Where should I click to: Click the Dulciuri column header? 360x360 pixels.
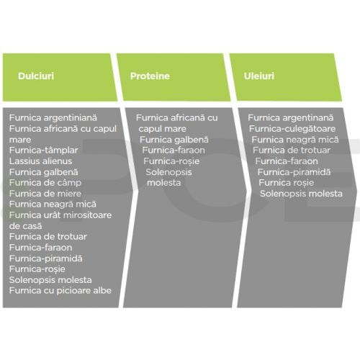36,76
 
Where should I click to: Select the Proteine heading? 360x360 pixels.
150,76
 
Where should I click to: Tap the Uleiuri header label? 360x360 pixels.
259,76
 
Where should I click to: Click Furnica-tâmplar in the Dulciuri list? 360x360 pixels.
44,150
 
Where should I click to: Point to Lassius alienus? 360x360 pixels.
40,161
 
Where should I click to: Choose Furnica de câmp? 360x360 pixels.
45,183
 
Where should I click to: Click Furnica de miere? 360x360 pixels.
45,194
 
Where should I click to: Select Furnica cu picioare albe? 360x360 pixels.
60,291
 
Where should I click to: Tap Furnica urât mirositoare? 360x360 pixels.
60,215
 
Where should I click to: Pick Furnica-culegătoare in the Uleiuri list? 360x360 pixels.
292,129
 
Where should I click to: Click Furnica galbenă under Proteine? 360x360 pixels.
174,140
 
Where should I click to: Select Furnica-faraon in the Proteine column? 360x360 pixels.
174,150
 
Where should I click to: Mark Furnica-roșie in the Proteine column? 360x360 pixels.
171,161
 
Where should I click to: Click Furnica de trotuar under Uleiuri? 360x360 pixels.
292,150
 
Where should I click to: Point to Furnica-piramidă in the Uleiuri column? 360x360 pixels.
294,172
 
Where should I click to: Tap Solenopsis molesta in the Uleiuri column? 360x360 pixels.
301,194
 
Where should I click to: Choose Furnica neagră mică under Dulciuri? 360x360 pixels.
53,204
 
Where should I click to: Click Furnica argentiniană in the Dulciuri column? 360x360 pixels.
53,118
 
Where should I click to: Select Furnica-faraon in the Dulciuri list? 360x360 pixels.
40,248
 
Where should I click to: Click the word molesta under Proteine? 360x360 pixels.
164,183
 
